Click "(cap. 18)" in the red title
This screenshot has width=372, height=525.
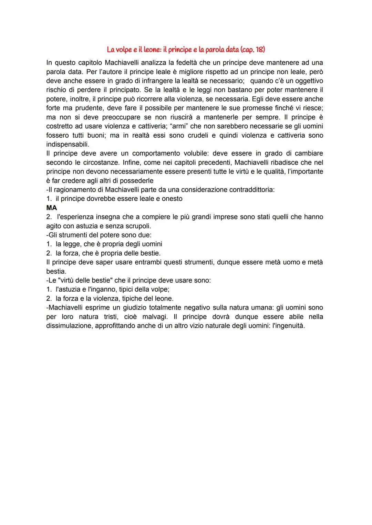[253, 50]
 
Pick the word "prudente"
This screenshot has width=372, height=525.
[81, 108]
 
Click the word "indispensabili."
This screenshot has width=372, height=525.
[68, 144]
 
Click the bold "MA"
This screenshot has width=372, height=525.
[52, 208]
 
